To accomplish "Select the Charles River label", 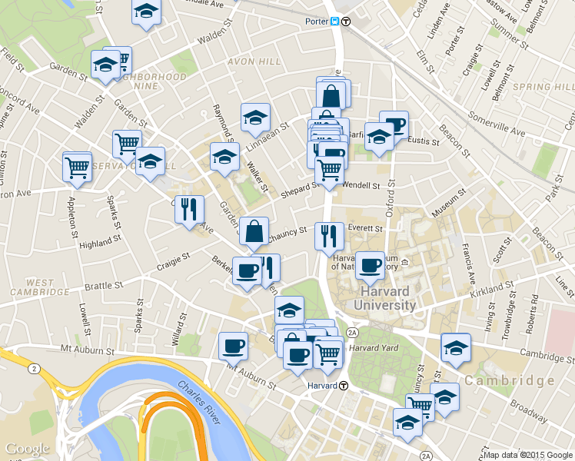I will click(198, 402).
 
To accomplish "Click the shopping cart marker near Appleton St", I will click(77, 167).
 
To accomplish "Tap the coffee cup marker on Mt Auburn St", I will click(233, 346).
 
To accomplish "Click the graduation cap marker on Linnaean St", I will click(255, 118).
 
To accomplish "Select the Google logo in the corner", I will click(27, 449).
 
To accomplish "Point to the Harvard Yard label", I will click(372, 348).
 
